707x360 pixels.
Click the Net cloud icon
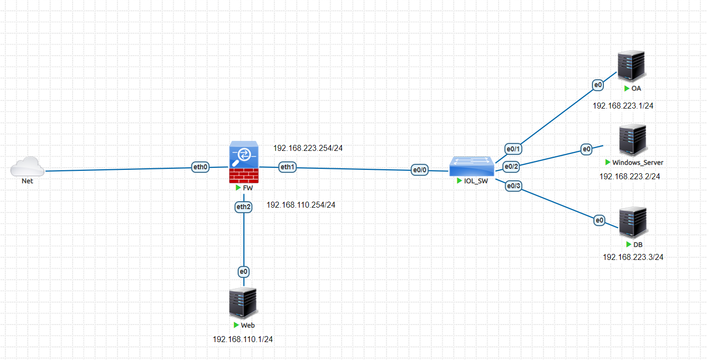pos(27,166)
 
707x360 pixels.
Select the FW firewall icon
pos(244,162)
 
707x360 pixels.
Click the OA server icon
pos(632,66)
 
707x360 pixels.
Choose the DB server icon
pos(633,223)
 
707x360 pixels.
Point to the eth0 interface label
pos(200,167)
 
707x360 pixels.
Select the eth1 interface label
pos(287,167)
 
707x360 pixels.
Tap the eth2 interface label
pos(244,207)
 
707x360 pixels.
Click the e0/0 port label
pos(420,170)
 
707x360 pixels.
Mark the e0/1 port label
pos(513,148)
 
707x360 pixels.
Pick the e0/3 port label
pos(513,186)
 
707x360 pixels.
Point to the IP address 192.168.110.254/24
pos(301,205)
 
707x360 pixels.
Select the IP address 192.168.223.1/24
pos(623,106)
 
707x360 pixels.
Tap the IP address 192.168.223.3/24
pos(633,257)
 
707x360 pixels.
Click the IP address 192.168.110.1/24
pos(243,339)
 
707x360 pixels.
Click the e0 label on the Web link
pos(244,272)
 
